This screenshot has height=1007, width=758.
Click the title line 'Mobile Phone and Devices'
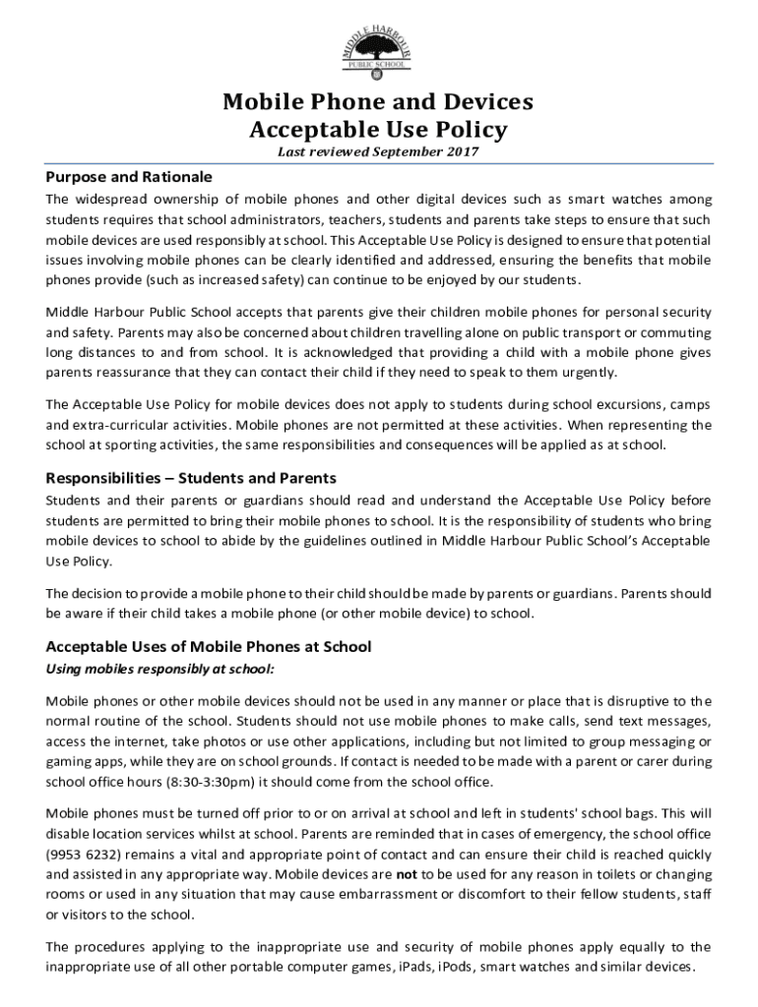pyautogui.click(x=378, y=102)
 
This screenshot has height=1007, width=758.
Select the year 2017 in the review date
pyautogui.click(x=463, y=151)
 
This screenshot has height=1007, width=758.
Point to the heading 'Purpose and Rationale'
pyautogui.click(x=129, y=177)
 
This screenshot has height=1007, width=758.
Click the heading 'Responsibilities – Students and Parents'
pyautogui.click(x=191, y=478)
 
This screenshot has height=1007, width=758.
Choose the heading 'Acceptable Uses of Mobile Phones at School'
pyautogui.click(x=209, y=646)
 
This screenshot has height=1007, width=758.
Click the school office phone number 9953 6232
pyautogui.click(x=84, y=855)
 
